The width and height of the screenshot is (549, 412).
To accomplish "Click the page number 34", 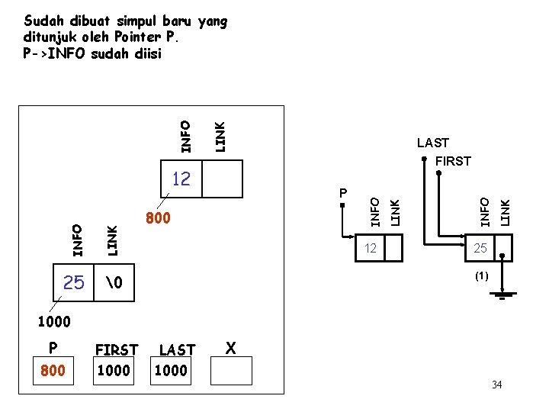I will tap(497, 385).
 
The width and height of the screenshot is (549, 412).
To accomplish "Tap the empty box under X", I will tap(231, 370).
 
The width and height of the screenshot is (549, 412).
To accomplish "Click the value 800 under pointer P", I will tap(53, 372).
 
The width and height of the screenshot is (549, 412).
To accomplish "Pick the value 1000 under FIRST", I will tap(114, 371).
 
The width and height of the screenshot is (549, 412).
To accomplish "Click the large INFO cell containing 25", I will tap(73, 284).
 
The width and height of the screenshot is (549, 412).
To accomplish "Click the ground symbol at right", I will tap(502, 293).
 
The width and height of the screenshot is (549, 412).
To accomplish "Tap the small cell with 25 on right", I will tap(480, 249).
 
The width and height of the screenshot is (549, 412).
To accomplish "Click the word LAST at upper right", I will tap(432, 143).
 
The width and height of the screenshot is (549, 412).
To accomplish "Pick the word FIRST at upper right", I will tap(453, 161).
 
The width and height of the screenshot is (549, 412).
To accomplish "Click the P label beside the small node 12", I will tap(343, 192).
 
